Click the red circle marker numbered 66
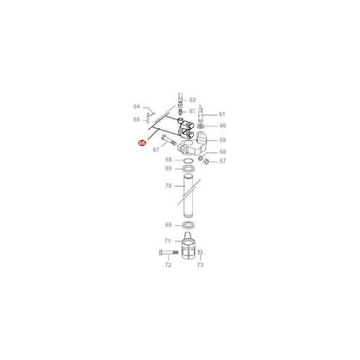141,142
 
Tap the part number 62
192,100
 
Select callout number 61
222,114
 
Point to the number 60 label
222,126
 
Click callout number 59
222,139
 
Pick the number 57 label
222,161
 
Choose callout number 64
137,106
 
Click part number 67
157,150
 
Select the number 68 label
168,159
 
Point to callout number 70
168,186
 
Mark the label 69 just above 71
168,225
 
